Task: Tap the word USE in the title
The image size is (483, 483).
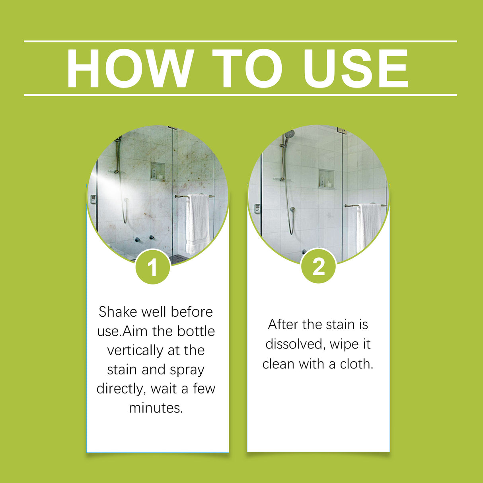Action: coord(355,68)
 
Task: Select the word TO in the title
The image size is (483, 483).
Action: coord(247,68)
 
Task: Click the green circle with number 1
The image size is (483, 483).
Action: coord(153,267)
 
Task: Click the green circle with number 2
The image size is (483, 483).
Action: coord(318,266)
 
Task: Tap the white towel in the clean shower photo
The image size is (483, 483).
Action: coord(368,227)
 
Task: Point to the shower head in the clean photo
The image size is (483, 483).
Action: coord(290,134)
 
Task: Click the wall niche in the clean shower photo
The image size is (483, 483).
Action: coord(326,179)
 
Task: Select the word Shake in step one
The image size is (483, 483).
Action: coord(117,312)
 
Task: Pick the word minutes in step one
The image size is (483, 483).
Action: coord(156,408)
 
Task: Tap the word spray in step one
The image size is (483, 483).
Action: coord(187,370)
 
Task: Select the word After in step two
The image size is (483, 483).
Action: coord(283,324)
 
